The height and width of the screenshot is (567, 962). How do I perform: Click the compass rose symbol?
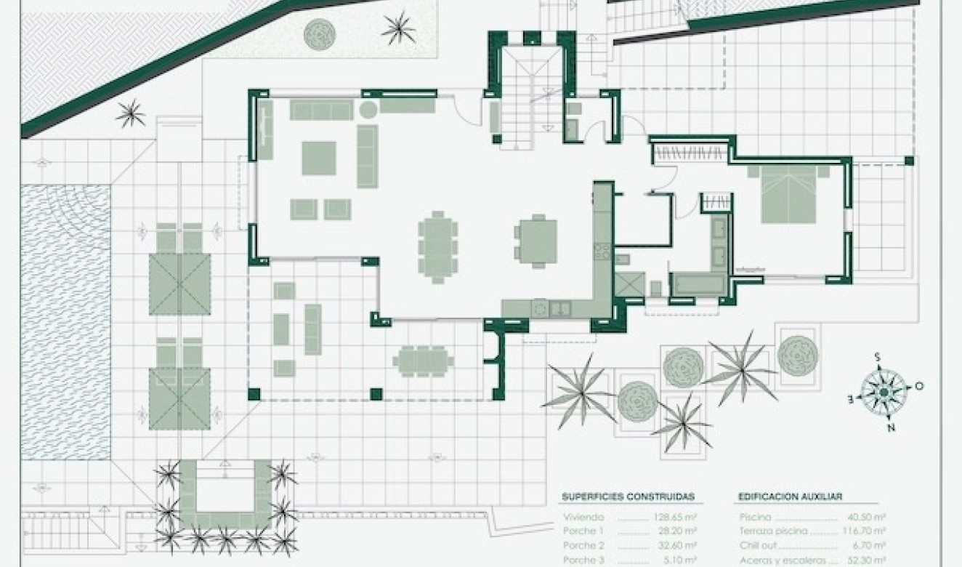tap(882, 393)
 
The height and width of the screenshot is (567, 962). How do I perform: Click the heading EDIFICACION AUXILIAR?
tap(790, 497)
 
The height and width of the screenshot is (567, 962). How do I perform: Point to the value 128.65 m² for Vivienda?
tap(674, 518)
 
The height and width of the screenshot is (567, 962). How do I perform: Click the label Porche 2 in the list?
tap(583, 545)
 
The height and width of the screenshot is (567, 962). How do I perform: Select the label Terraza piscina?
tap(773, 531)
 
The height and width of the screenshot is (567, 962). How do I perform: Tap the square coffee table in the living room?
tap(319, 158)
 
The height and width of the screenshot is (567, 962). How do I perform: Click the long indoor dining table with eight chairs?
tap(437, 246)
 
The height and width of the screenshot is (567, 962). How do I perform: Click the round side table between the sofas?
tap(368, 110)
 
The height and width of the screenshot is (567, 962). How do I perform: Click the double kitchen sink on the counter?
tap(560, 308)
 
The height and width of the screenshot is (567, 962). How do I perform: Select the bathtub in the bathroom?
tap(697, 283)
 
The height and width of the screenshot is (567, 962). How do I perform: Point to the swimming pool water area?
tap(65, 320)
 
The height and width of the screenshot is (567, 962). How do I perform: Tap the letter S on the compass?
tap(877, 357)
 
